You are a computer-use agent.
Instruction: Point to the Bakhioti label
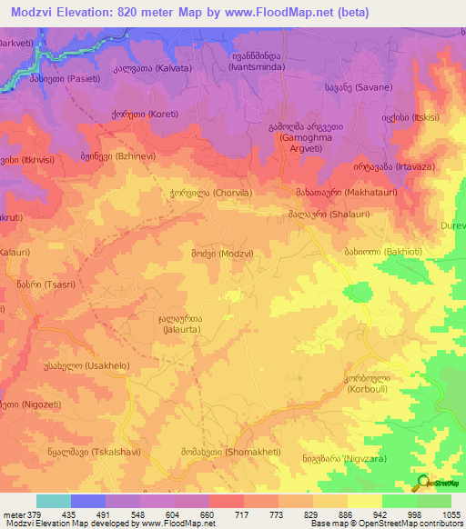[x=368, y=249]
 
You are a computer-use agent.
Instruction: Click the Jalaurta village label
[x=180, y=325]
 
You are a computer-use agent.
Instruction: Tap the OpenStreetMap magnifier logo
[x=421, y=482]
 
